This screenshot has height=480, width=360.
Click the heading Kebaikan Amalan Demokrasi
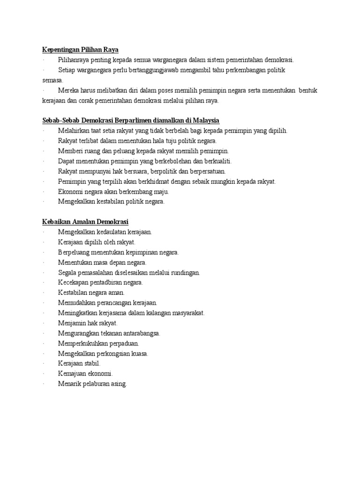coord(85,221)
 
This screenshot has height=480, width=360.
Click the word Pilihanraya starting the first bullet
coord(75,60)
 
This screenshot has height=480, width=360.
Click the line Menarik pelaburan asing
coord(92,383)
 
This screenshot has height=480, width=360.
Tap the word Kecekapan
coord(75,282)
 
